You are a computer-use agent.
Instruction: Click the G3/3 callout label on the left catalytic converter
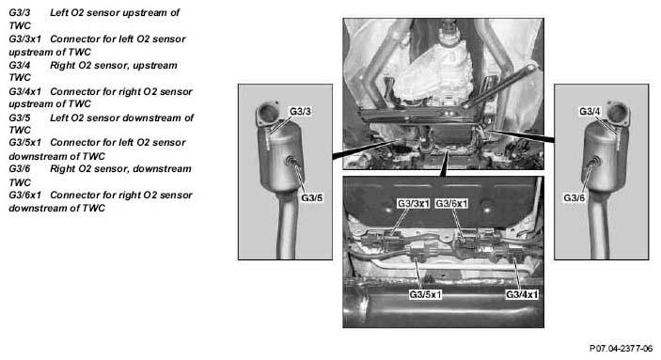300,111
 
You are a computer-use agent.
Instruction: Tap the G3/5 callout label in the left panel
311,197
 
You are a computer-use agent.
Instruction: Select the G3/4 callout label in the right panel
590,111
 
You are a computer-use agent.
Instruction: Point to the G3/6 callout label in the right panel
574,197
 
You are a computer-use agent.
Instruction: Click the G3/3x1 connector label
413,204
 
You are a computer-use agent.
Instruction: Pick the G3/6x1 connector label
451,204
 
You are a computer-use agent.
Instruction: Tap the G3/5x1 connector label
425,294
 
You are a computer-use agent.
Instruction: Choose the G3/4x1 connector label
522,294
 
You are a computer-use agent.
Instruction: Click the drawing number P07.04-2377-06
621,349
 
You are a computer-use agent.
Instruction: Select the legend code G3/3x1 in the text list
24,39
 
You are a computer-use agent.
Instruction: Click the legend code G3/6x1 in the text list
24,196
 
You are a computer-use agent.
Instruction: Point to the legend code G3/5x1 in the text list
24,143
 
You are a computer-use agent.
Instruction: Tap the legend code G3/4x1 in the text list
24,91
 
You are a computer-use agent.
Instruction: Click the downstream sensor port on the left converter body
291,160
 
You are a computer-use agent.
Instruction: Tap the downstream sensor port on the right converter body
594,161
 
